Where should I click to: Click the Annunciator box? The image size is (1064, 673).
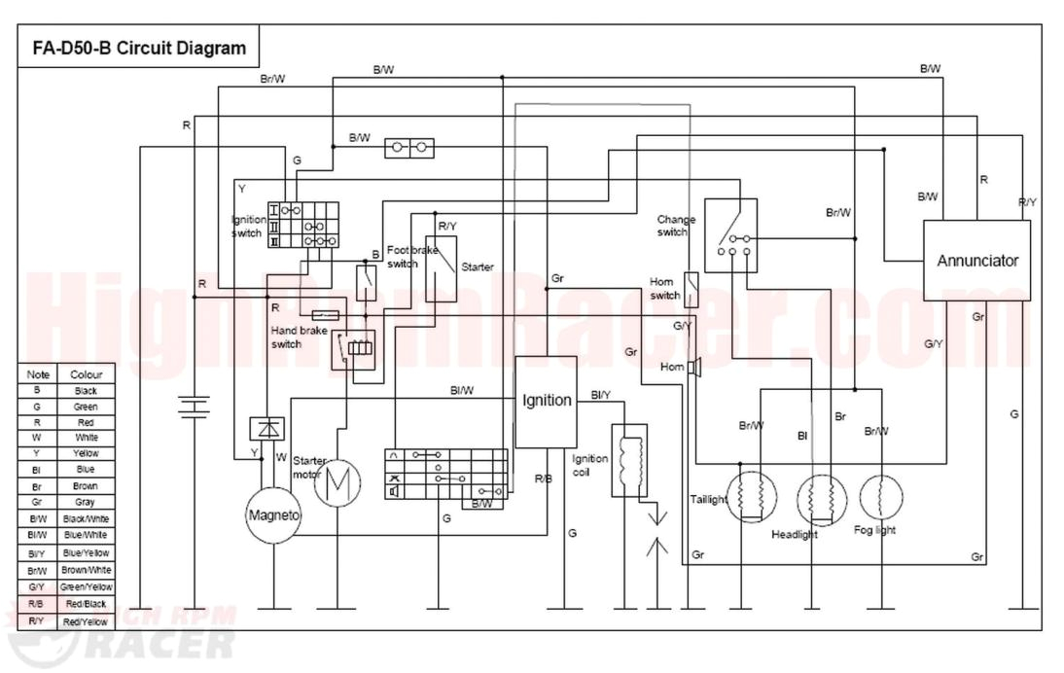click(976, 261)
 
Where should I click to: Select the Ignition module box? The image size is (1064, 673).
click(546, 401)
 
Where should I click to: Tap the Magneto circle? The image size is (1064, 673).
click(273, 514)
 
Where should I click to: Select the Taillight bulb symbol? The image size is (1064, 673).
click(752, 497)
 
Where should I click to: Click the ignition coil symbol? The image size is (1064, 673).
click(629, 460)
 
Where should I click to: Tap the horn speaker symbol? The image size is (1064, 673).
click(695, 368)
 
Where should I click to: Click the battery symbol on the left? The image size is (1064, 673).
click(195, 406)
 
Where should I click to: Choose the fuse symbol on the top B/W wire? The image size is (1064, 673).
click(409, 149)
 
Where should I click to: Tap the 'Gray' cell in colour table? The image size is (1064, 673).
click(86, 503)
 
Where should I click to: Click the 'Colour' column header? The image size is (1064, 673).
click(86, 374)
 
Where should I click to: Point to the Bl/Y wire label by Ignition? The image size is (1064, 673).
click(600, 395)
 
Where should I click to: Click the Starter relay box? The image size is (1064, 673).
click(442, 267)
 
